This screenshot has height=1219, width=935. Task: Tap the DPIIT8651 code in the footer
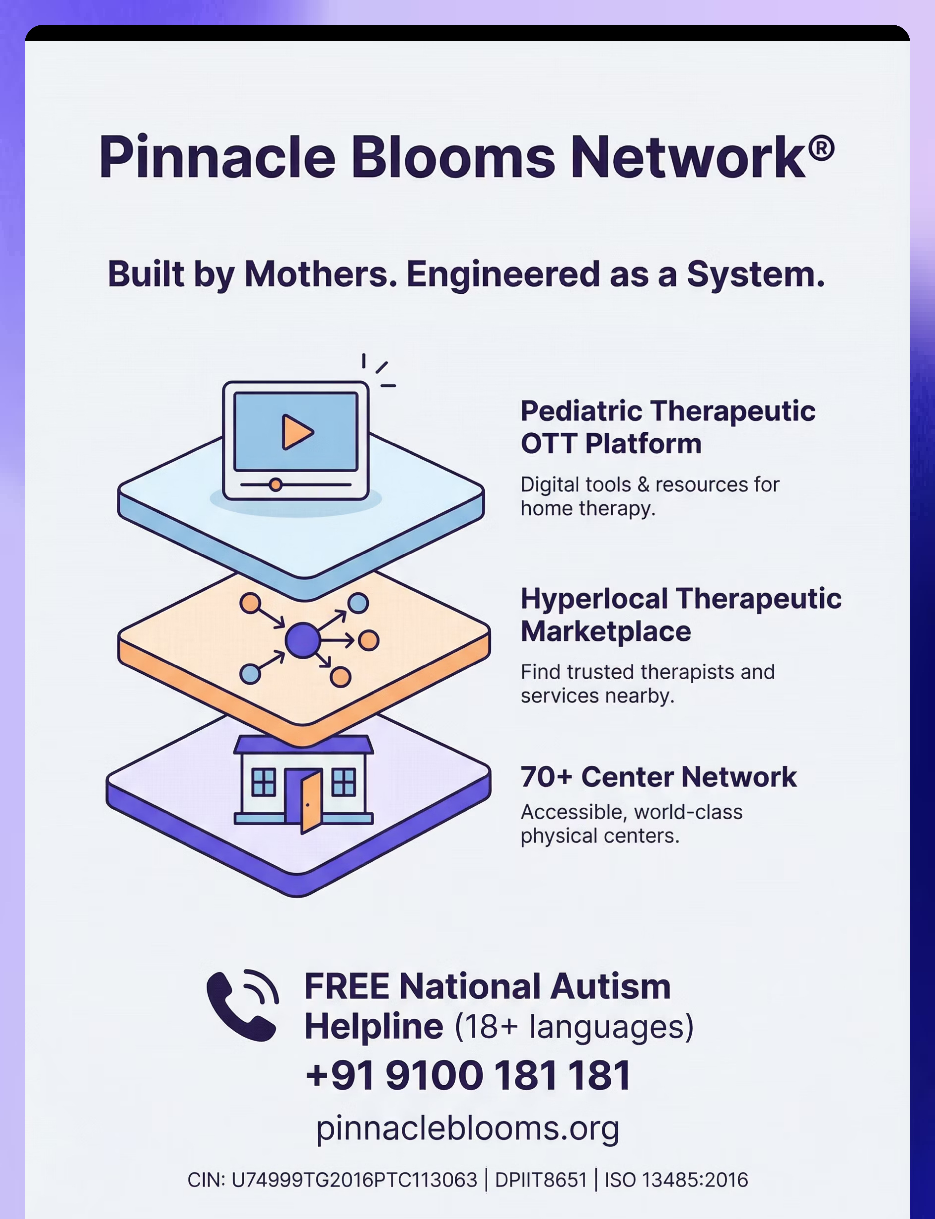point(541,1180)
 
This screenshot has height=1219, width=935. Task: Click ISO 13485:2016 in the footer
point(676,1180)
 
